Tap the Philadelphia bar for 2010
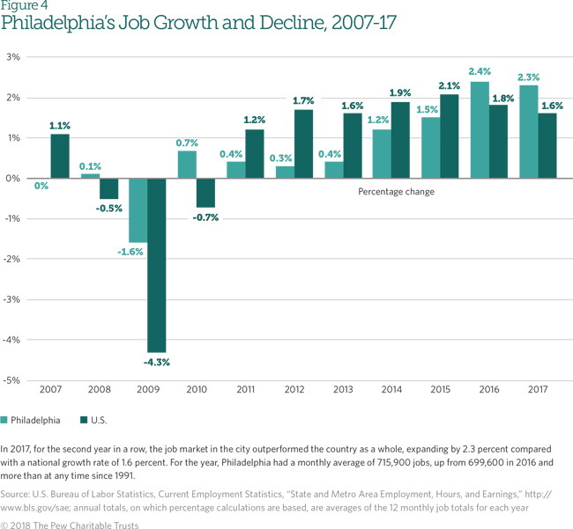click(188, 165)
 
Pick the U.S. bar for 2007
click(60, 156)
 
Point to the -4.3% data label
click(156, 362)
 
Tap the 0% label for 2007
click(41, 187)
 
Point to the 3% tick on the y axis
click(13, 57)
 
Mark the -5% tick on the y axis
click(12, 380)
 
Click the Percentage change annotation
click(397, 191)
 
